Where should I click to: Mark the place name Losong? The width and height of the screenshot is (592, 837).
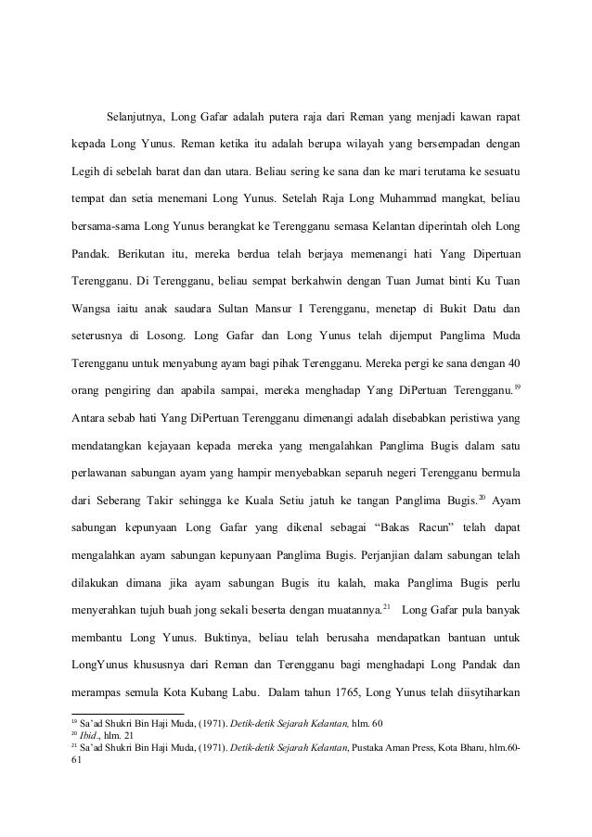click(x=163, y=333)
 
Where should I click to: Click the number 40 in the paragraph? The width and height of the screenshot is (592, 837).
click(x=510, y=360)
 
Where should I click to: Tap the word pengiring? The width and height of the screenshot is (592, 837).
click(x=130, y=387)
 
